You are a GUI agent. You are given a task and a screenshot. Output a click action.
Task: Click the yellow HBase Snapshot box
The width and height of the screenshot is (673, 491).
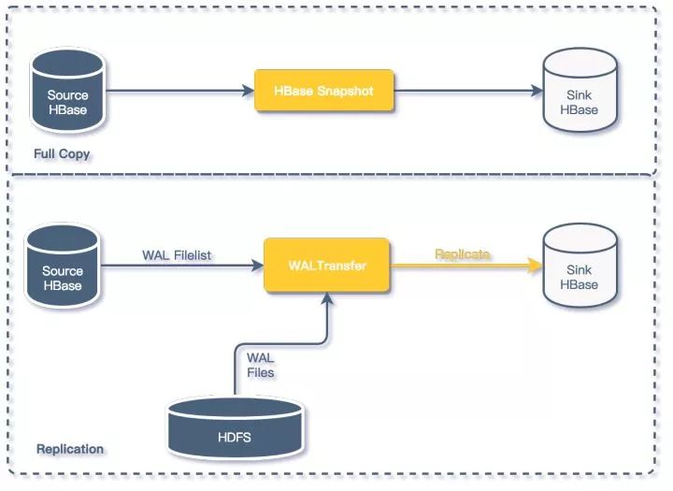(x=323, y=91)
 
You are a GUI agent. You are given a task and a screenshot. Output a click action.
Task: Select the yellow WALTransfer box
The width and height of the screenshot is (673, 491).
(x=326, y=266)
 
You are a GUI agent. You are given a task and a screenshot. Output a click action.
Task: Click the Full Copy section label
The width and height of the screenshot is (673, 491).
(x=62, y=153)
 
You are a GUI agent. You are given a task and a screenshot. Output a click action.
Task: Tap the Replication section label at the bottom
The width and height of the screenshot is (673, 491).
(x=70, y=449)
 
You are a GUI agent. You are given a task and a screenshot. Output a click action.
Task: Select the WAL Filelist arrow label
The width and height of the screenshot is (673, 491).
(x=178, y=254)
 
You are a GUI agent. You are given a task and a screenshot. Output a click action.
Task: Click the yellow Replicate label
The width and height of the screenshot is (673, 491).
(x=462, y=254)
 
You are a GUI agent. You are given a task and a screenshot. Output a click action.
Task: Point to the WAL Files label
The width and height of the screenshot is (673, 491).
(x=261, y=366)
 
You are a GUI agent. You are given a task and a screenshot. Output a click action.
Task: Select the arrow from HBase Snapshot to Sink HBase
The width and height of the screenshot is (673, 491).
(x=467, y=92)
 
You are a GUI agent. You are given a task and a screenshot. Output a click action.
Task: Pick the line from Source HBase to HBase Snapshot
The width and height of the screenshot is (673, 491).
(x=178, y=92)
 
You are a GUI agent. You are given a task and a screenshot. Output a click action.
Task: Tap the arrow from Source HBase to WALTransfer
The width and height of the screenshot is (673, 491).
(x=182, y=267)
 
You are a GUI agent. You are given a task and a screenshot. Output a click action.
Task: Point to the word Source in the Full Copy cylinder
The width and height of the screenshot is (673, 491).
(x=67, y=95)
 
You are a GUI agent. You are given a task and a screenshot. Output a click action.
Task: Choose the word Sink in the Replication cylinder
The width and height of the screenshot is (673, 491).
(x=580, y=270)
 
